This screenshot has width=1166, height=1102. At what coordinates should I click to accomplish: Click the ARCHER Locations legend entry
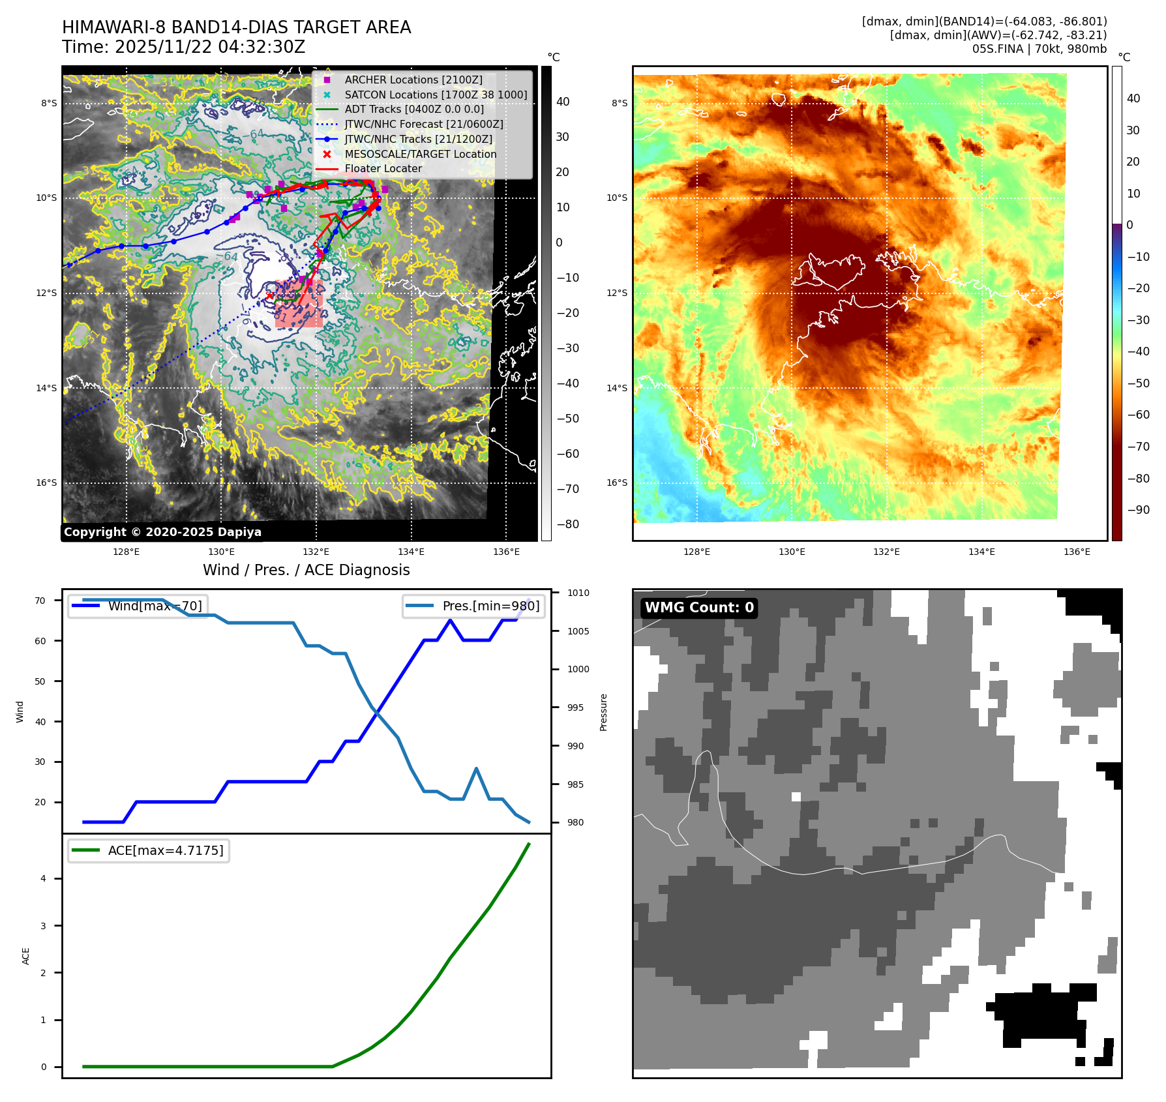coord(413,80)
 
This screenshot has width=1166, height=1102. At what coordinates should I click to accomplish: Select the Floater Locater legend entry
coord(383,168)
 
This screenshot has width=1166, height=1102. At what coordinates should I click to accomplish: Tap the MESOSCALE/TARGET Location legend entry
coord(420,154)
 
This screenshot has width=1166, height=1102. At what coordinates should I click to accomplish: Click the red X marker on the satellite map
coord(270,295)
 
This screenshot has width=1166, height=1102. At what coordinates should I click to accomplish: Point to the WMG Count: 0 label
coord(699,608)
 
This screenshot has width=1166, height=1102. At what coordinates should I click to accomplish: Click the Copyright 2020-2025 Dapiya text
coord(162,532)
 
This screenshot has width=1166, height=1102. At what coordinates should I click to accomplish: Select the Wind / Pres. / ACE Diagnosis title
coord(306,570)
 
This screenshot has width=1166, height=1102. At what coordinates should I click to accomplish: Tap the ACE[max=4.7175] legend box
coord(149,850)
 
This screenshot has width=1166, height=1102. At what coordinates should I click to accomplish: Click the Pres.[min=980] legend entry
coord(474,606)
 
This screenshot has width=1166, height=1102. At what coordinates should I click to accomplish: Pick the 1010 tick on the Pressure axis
coord(578,593)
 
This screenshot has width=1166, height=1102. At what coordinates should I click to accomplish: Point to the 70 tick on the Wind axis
coord(40,601)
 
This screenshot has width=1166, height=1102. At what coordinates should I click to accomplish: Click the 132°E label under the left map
coord(316,552)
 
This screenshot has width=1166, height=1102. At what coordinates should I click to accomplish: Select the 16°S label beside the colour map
coord(617,483)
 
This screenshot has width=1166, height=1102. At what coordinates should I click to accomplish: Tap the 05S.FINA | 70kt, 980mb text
coord(1039,49)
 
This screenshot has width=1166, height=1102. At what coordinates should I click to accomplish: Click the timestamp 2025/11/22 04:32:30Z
coord(210,47)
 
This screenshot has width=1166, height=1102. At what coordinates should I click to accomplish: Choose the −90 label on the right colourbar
coord(1138,510)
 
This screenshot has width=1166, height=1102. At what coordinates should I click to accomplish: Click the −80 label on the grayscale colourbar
coord(567,524)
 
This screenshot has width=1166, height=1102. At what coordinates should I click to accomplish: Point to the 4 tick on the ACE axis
coord(44,878)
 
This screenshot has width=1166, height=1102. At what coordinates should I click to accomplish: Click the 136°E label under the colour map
coord(1077,552)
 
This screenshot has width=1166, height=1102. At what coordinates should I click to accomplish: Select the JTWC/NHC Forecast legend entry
coord(423,124)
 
